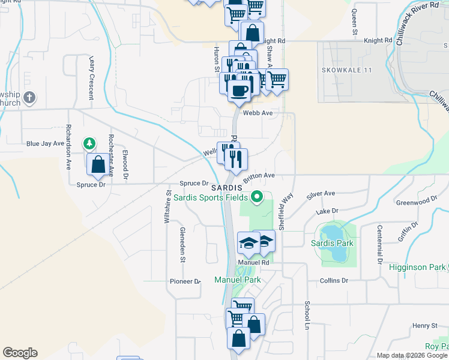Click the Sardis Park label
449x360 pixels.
click(332, 243)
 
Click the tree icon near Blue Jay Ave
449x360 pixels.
click(89, 143)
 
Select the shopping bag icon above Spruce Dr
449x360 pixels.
click(98, 163)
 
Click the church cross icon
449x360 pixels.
click(31, 98)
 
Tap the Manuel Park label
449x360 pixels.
click(238, 280)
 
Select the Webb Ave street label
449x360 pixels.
click(258, 112)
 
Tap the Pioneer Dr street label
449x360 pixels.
click(184, 281)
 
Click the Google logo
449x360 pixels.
click(20, 353)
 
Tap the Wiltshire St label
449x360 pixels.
click(167, 207)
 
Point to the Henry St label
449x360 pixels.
click(425, 325)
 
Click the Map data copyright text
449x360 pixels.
click(412, 355)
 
